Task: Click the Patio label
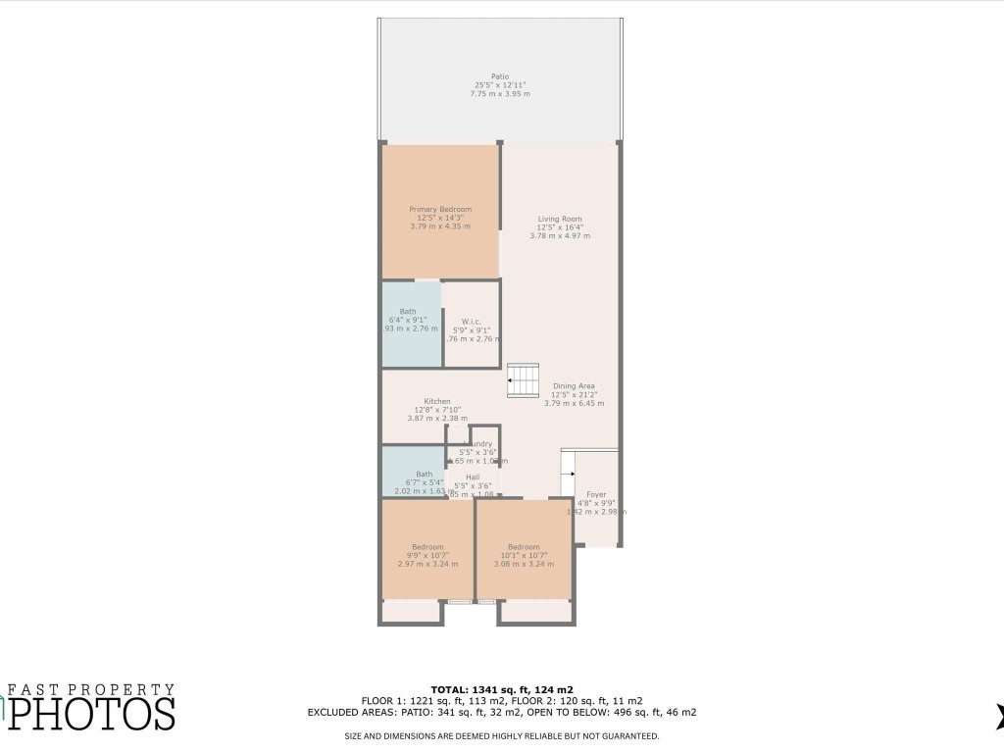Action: pyautogui.click(x=500, y=76)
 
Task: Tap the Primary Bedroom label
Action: pyautogui.click(x=440, y=209)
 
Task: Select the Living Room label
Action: pyautogui.click(x=560, y=219)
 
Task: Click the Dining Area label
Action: pyautogui.click(x=574, y=385)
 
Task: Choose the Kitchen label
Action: pyautogui.click(x=437, y=401)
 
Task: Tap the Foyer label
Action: pyautogui.click(x=596, y=494)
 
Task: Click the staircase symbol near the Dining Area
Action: pyautogui.click(x=524, y=379)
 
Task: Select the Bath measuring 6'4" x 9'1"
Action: pyautogui.click(x=408, y=312)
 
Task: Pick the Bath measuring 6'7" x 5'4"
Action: pyautogui.click(x=424, y=474)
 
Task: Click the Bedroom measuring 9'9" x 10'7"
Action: pyautogui.click(x=427, y=547)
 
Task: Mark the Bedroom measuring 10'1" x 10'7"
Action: pyautogui.click(x=524, y=547)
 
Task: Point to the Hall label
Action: pyautogui.click(x=473, y=477)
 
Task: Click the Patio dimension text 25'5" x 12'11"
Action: pyautogui.click(x=500, y=85)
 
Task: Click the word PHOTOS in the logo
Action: pyautogui.click(x=92, y=713)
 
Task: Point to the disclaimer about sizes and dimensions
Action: pyautogui.click(x=501, y=735)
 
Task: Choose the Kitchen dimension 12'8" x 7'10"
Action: pyautogui.click(x=437, y=410)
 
